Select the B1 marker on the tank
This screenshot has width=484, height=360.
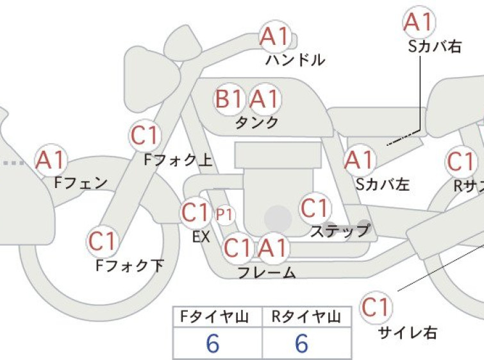[x=229, y=99]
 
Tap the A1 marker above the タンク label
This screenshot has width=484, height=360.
[x=265, y=99]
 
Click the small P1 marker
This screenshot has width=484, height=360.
[x=225, y=214]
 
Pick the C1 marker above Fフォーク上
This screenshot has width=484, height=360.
[x=145, y=135]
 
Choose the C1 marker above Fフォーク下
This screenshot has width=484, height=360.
[x=102, y=241]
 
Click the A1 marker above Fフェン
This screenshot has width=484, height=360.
[x=51, y=160]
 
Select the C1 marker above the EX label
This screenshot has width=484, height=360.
[x=196, y=212]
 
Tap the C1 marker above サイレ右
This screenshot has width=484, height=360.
[x=376, y=307]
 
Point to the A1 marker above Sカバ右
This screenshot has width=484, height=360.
[x=419, y=22]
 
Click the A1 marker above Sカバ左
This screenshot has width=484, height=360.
[x=360, y=160]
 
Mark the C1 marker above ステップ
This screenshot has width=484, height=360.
[x=315, y=209]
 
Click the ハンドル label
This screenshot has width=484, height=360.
[x=296, y=60]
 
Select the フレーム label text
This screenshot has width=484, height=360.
[x=267, y=273]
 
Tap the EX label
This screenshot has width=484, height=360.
[x=201, y=237]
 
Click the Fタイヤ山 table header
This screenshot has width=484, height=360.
[x=214, y=317]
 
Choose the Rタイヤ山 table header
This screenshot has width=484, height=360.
[x=306, y=317]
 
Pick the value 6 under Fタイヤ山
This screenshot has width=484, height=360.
[x=213, y=343]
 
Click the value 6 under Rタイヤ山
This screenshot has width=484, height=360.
[x=301, y=343]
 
